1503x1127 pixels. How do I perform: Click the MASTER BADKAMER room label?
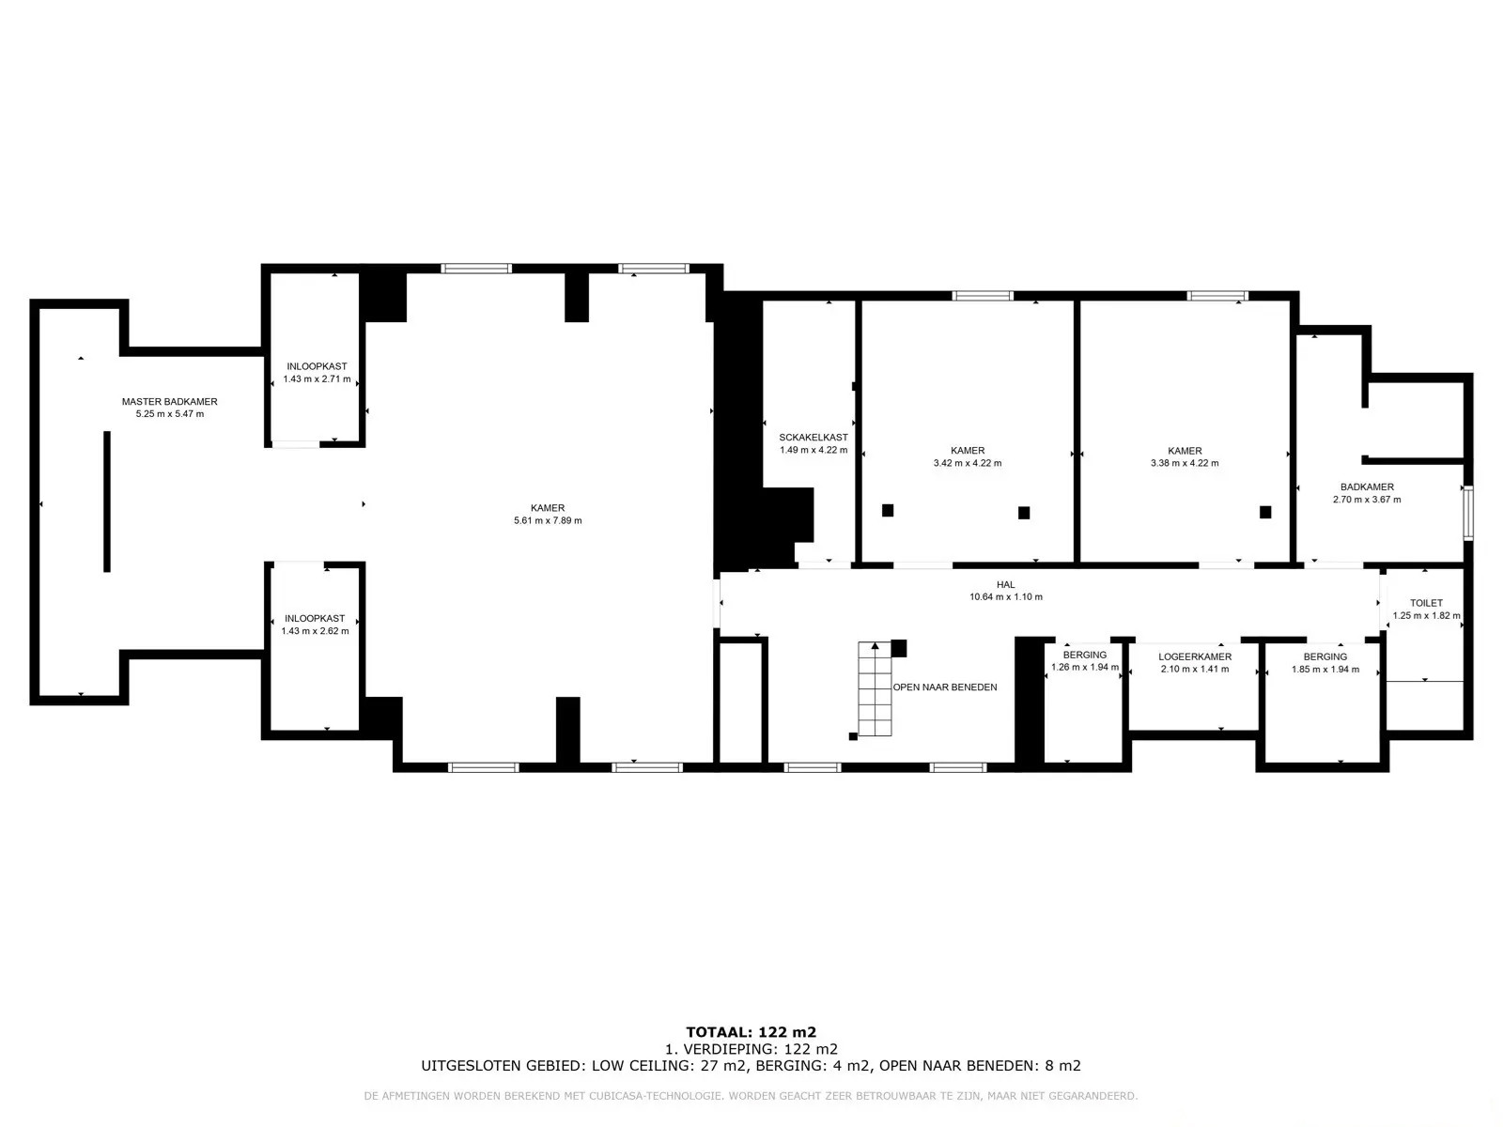click(169, 402)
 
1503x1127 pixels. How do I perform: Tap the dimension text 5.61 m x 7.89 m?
click(548, 520)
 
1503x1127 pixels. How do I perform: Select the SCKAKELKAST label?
click(813, 438)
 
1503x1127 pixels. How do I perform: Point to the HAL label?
click(1005, 584)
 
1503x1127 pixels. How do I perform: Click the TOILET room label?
click(1426, 603)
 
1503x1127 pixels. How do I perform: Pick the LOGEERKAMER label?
click(1195, 656)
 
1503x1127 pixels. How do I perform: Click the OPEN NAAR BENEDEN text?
click(945, 687)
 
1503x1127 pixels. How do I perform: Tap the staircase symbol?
click(875, 688)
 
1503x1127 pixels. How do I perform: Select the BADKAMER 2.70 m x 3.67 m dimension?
click(1367, 500)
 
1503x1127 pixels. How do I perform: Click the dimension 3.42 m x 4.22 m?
click(968, 463)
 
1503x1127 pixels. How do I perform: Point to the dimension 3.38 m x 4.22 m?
click(1185, 463)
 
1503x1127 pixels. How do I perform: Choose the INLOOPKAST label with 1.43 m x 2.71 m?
click(317, 366)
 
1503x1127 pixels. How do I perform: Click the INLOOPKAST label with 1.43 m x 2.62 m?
click(315, 619)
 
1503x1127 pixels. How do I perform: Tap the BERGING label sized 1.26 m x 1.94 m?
click(1085, 655)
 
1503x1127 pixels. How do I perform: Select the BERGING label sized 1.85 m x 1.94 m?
click(1325, 656)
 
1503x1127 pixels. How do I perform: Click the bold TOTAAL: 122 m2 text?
click(751, 1032)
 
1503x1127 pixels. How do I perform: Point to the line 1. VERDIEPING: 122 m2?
click(751, 1049)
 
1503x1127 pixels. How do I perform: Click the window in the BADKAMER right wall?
click(1468, 512)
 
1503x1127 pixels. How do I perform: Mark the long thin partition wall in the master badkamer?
click(107, 502)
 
